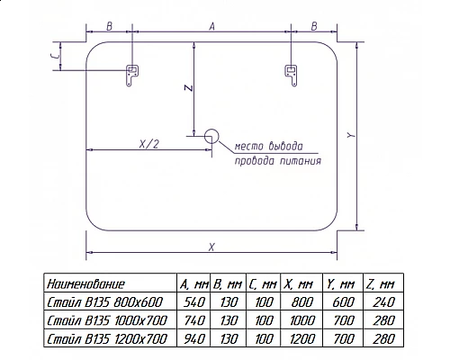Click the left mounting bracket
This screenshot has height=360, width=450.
click(x=131, y=75)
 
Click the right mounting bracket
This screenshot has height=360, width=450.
click(x=291, y=75)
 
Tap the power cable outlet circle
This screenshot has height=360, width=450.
click(x=211, y=136)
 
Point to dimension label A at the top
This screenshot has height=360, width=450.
click(x=212, y=27)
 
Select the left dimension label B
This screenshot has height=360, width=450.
click(x=109, y=26)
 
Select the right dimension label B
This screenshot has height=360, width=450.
click(x=314, y=26)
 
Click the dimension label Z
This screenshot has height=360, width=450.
click(x=188, y=87)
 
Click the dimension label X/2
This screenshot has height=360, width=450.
click(x=148, y=144)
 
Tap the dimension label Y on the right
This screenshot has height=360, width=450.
click(x=351, y=135)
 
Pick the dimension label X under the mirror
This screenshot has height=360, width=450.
click(x=211, y=247)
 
